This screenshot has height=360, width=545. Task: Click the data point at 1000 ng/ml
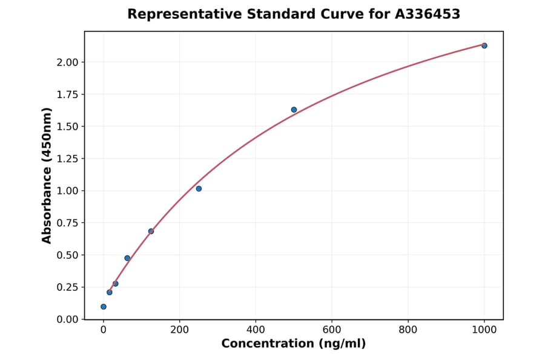tap(484, 45)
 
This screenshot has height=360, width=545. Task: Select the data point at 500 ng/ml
tap(294, 110)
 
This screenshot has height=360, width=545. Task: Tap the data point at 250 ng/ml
tap(199, 188)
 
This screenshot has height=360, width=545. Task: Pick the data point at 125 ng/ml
tap(151, 231)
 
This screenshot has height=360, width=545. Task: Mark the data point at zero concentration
tap(104, 307)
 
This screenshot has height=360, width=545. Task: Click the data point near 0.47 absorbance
tap(127, 258)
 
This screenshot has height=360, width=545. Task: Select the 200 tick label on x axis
tap(179, 330)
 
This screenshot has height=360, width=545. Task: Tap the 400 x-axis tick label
tap(256, 330)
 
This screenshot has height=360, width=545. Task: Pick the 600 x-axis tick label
tap(332, 330)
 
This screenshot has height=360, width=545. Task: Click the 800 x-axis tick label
tap(408, 330)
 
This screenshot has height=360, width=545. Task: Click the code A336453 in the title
tap(428, 14)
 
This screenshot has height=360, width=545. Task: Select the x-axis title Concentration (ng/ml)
tap(294, 344)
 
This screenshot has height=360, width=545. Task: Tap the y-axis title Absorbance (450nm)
tap(47, 175)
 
